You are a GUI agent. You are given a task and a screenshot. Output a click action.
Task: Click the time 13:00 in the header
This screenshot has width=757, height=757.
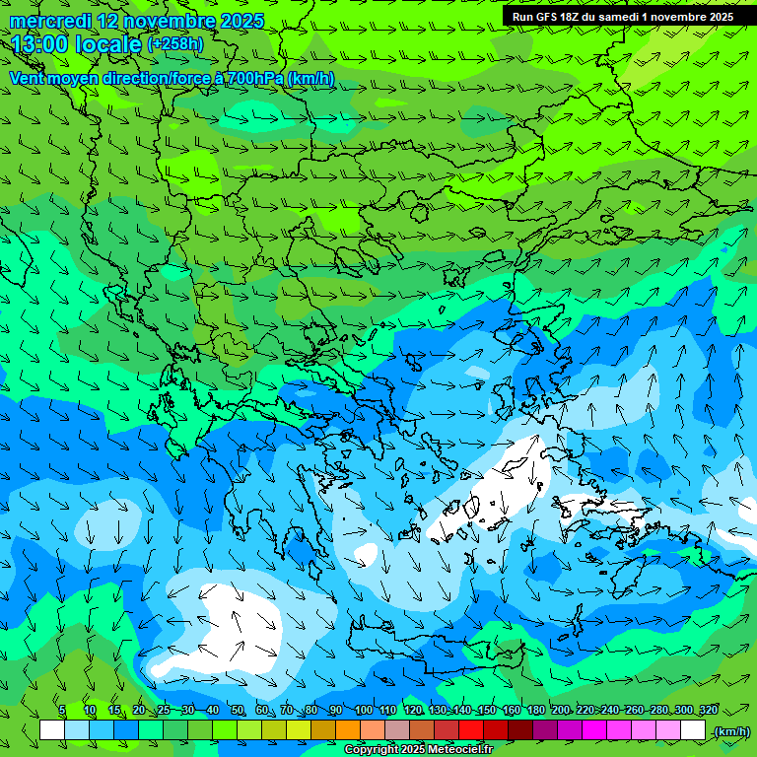(43, 43)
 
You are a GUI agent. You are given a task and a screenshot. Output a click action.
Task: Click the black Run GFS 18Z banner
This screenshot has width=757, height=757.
(622, 17)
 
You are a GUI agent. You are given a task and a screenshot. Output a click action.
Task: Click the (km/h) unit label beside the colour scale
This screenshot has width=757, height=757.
(730, 731)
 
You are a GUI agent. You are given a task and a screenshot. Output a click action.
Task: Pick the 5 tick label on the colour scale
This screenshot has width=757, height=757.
(62, 710)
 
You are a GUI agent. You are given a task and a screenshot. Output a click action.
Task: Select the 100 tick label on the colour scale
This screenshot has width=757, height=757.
(363, 710)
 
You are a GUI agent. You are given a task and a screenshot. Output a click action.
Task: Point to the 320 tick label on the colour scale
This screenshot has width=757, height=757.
(708, 710)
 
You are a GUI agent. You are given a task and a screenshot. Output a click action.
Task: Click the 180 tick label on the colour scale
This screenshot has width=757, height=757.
(535, 710)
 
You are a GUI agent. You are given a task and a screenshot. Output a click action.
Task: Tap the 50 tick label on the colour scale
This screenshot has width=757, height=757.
(238, 710)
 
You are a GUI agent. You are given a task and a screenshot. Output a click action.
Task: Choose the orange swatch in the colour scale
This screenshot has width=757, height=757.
(348, 730)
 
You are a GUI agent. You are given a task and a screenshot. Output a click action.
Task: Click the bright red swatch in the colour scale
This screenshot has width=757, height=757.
(471, 730)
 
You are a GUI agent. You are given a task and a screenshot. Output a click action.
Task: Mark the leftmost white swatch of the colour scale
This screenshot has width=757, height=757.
(52, 730)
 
